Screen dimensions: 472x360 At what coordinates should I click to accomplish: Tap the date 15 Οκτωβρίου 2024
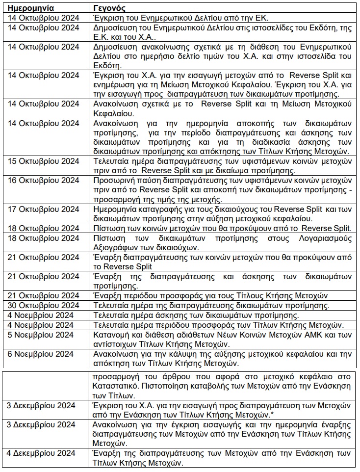tap(44, 161)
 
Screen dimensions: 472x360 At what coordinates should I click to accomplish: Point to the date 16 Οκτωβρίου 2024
tap(44, 181)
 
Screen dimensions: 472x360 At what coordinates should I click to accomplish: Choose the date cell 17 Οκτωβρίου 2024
tap(44, 209)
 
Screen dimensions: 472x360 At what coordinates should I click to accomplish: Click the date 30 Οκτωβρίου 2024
tap(44, 305)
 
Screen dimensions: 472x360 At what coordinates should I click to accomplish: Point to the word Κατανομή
tap(111, 334)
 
